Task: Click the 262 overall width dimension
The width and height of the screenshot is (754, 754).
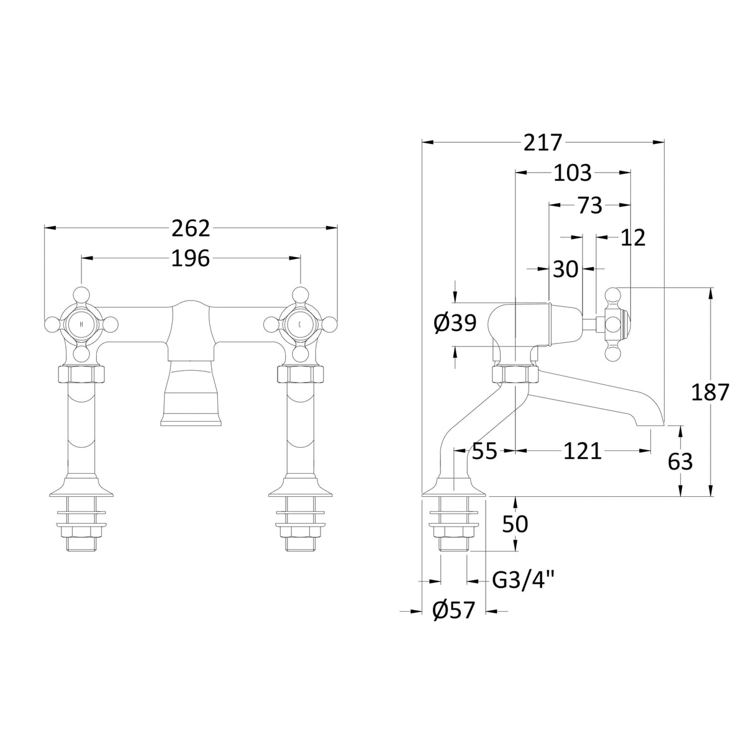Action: coord(191,229)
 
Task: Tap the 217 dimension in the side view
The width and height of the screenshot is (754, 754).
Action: coord(542,143)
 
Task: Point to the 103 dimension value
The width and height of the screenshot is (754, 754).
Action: coord(572,173)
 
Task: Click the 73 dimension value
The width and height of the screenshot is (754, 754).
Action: coord(589,205)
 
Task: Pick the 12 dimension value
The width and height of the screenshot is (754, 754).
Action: coord(632,237)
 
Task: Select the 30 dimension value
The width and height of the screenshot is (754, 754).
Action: coord(565,269)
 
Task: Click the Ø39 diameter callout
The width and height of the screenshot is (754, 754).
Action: coord(455,322)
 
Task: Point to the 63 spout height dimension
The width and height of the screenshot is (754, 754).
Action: coord(679,461)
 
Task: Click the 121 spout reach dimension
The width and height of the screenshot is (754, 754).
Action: coord(582,451)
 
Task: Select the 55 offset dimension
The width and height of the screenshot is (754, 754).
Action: coord(484,451)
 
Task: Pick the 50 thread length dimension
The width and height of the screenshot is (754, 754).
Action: coord(515,524)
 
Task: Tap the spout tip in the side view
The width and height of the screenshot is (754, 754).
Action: coord(651,422)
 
